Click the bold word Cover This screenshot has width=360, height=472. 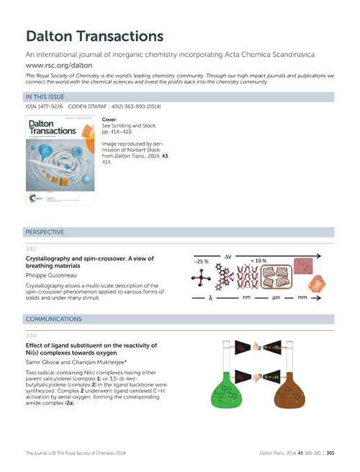110,119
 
